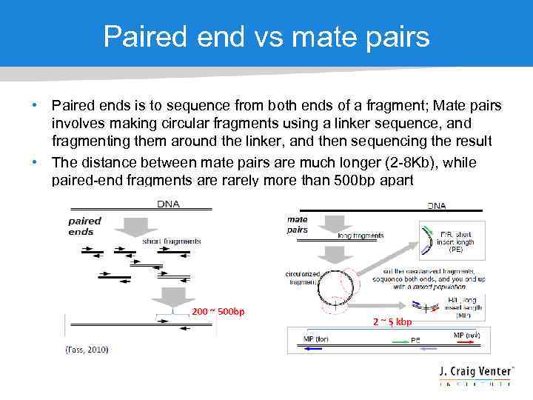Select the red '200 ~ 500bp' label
point(218,311)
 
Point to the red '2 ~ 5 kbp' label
point(392,321)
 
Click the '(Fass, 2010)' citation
point(87,349)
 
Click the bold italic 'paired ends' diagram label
point(84,226)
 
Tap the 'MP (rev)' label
point(471,336)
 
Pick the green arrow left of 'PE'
point(400,342)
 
